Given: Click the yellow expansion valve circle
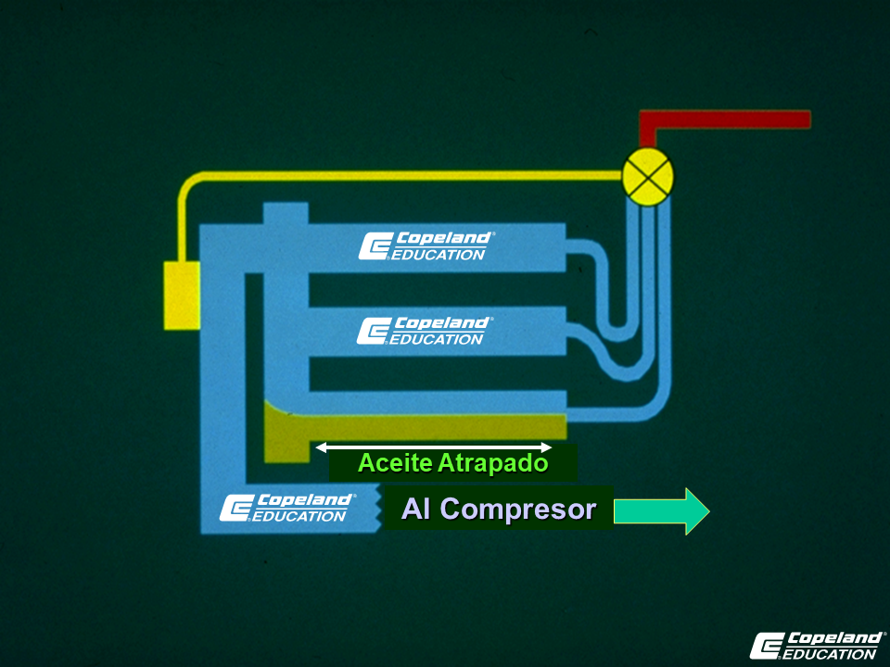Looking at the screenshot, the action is (648, 177).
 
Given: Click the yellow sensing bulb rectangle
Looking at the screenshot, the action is (182, 296).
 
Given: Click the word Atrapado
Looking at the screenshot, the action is (493, 463).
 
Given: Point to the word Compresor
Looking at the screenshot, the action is (517, 510).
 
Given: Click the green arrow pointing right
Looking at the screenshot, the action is (662, 511).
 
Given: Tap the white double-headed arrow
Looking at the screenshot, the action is (434, 447).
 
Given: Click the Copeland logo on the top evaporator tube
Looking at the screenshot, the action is (426, 245).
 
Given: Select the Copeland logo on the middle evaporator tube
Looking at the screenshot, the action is (426, 331).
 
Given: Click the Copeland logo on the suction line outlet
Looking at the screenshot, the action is (287, 508).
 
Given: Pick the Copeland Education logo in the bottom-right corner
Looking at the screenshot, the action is (817, 646).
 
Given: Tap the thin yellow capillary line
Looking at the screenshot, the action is (398, 176).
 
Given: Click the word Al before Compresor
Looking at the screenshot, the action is (415, 509).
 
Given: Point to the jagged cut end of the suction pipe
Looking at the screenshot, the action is (377, 509).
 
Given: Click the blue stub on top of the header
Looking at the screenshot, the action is (286, 213).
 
